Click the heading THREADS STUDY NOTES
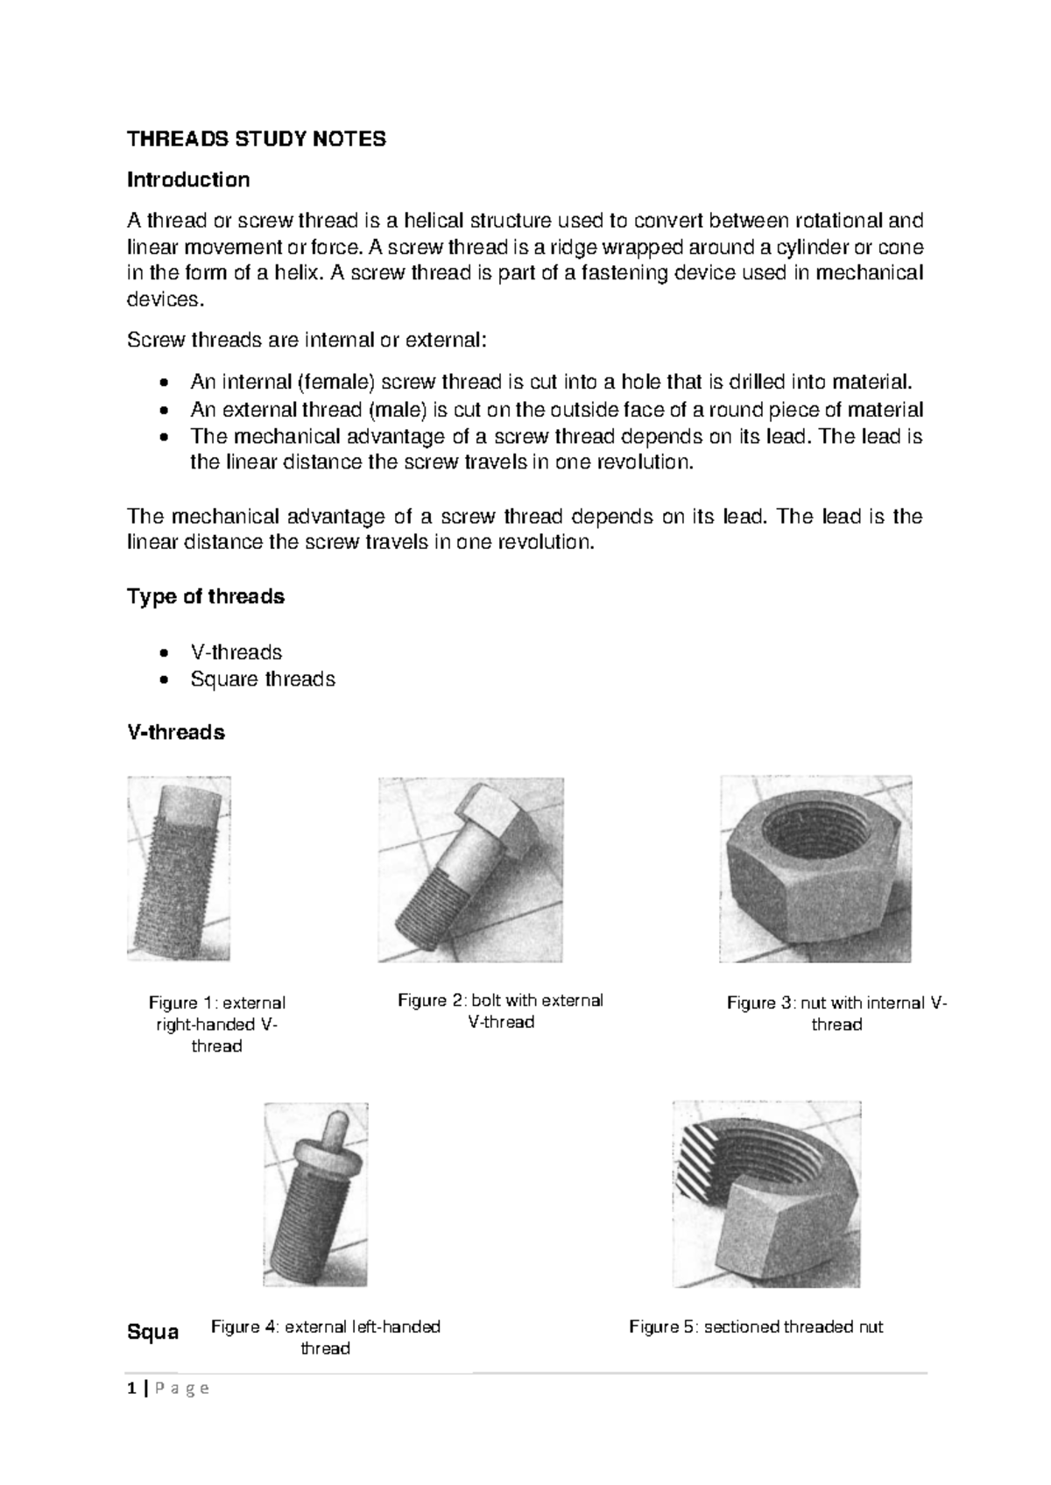coord(257,139)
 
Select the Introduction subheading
coord(188,179)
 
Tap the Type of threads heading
coord(206,596)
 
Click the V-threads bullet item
coord(236,652)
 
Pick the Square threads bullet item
coord(263,679)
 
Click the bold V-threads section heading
coord(176,732)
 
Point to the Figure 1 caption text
coord(216,1024)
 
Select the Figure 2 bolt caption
coord(500,1010)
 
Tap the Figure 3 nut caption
coord(836,1013)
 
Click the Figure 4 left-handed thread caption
coord(325,1337)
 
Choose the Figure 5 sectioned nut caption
coord(756,1327)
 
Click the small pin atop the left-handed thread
coord(334,1125)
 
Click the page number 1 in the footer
coord(131,1389)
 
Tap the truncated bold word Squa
coord(153,1332)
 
